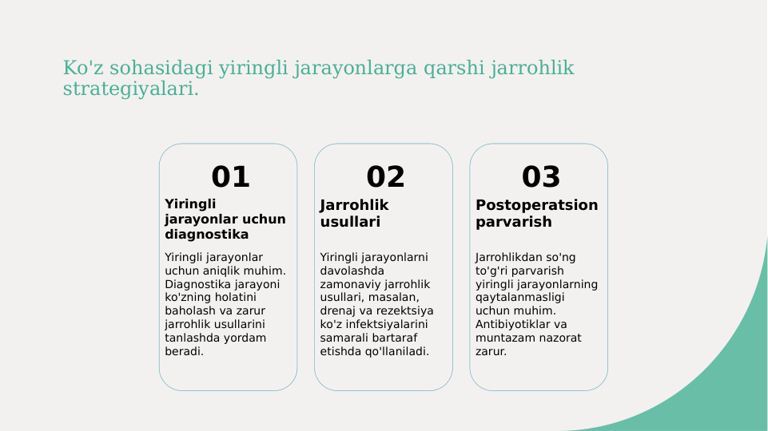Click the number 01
[230, 176]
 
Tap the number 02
[385, 176]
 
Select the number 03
[541, 176]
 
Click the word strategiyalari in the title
[130, 89]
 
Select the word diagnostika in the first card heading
[206, 235]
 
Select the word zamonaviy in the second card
[346, 284]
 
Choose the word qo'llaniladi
[393, 352]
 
